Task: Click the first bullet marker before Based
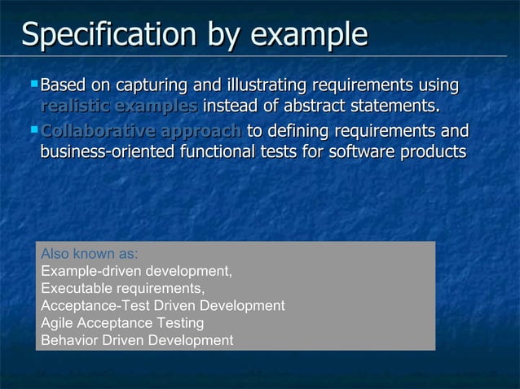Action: (33, 83)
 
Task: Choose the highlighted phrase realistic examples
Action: (119, 107)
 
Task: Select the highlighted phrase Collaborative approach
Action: (141, 131)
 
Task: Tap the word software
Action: (364, 152)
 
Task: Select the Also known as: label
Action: (89, 253)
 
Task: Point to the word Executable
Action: (73, 289)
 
